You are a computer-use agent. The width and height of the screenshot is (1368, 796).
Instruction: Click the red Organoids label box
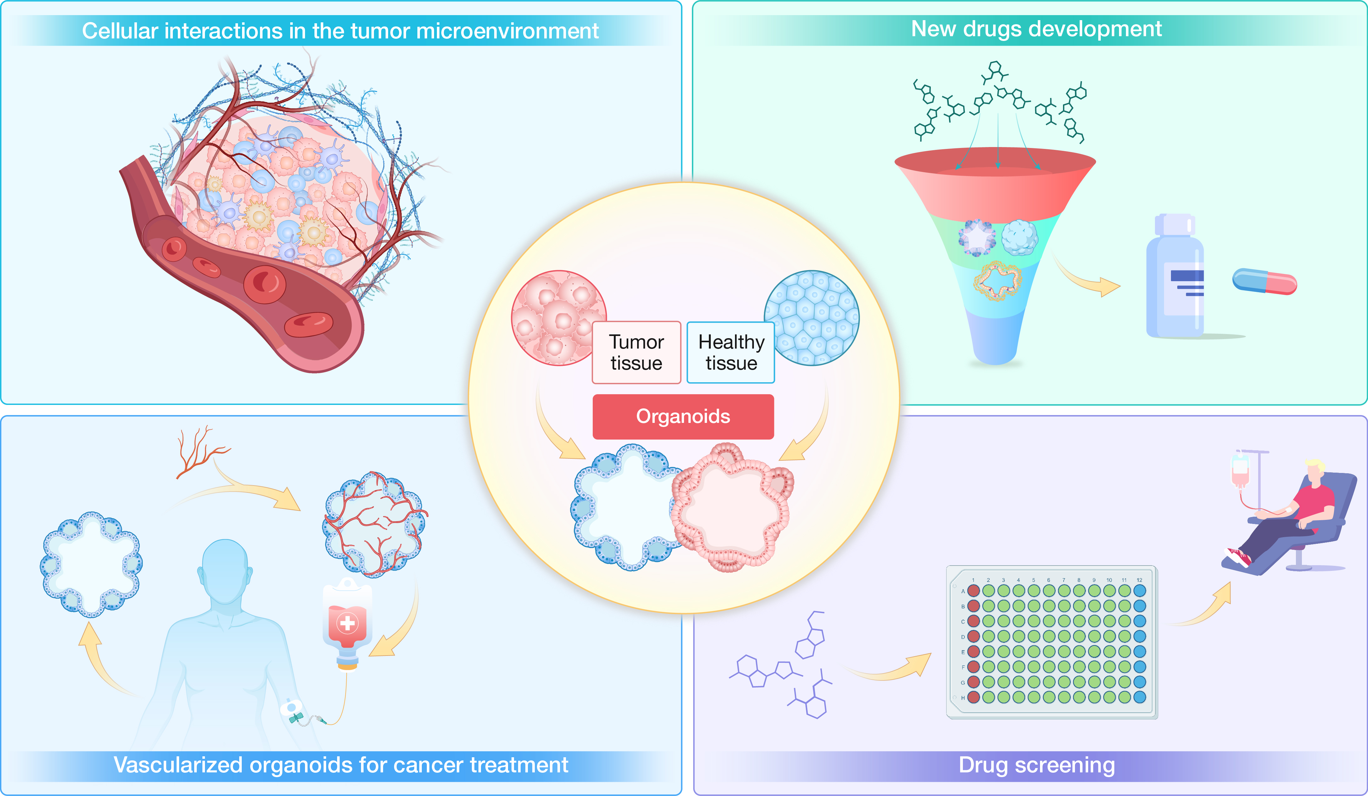(x=683, y=417)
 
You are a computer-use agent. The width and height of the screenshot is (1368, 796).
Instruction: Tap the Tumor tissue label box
(x=636, y=352)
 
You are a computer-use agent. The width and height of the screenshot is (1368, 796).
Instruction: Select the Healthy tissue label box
(x=731, y=352)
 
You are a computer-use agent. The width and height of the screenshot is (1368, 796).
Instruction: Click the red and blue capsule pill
(x=1264, y=281)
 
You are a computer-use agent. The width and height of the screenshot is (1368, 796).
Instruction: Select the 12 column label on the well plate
(x=1139, y=580)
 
